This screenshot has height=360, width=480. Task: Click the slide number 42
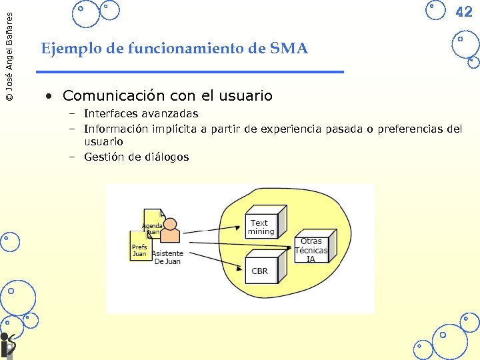pyautogui.click(x=463, y=12)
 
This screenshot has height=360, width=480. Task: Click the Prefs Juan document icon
pyautogui.click(x=139, y=246)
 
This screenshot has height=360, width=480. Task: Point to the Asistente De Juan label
pyautogui.click(x=167, y=257)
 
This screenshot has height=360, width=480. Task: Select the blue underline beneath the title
pyautogui.click(x=190, y=71)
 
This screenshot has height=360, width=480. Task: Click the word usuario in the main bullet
pyautogui.click(x=247, y=96)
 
